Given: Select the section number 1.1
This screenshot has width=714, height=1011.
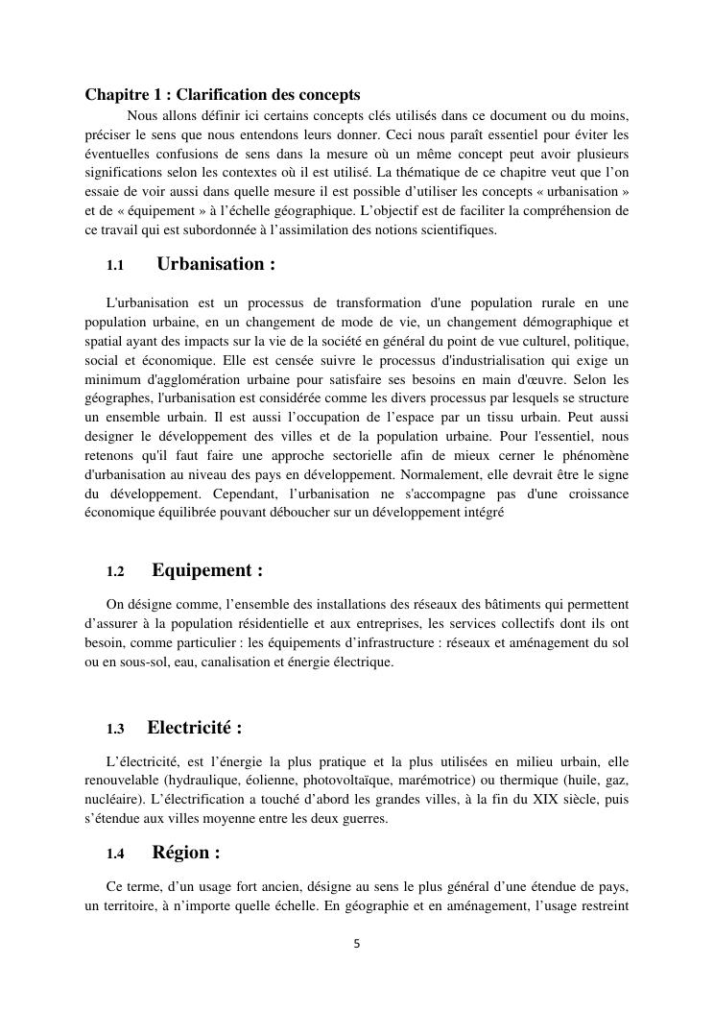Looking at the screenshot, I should click(116, 265).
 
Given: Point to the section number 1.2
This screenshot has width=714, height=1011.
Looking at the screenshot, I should click(116, 571).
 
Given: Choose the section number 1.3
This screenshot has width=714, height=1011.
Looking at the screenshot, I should click(116, 729).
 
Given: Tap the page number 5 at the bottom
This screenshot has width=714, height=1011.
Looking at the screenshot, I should click(357, 944).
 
